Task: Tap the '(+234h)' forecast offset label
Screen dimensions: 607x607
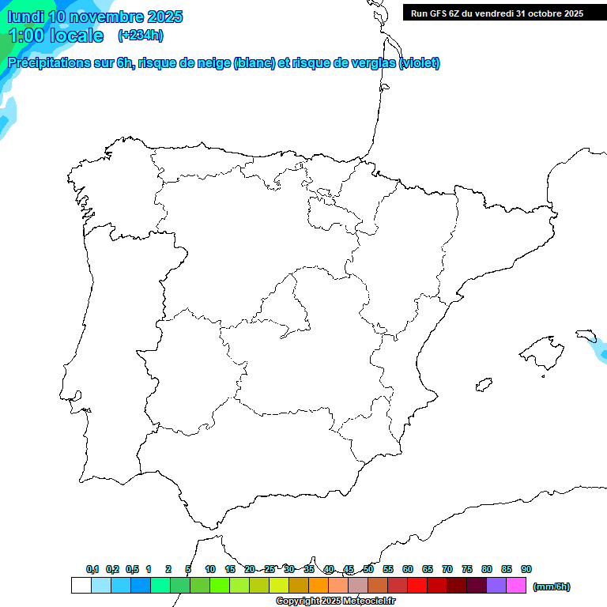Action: point(140,35)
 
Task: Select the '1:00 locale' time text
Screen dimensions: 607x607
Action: point(55,36)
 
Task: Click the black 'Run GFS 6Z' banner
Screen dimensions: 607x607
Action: point(497,13)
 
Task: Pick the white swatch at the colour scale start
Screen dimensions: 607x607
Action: point(81,585)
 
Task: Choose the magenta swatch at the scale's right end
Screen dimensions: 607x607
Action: point(516,585)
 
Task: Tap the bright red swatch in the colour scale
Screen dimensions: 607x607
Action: point(417,585)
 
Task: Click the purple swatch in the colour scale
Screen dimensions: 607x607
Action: point(496,585)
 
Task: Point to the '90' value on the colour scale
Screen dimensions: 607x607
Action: point(526,569)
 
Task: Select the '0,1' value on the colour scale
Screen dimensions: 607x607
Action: point(92,569)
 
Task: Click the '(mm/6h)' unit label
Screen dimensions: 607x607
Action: point(551,586)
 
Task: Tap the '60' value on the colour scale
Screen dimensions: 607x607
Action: point(407,569)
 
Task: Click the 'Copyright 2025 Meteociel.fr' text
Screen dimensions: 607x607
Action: point(335,601)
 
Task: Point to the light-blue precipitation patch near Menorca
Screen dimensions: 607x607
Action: point(601,349)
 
